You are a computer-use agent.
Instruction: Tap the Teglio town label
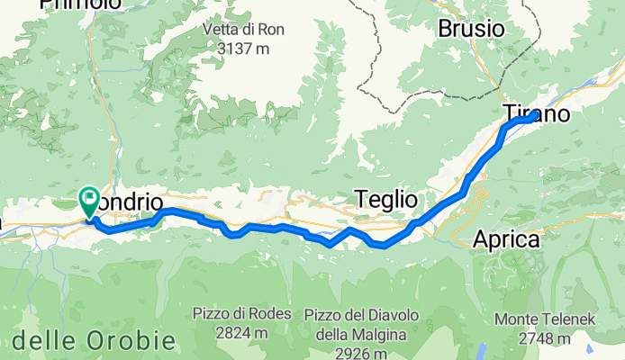coord(386,199)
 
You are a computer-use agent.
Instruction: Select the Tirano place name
coord(536,113)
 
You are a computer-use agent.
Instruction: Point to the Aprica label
coord(506,240)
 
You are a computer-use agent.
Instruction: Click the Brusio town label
coord(471,28)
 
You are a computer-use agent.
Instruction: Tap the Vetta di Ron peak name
coord(243,30)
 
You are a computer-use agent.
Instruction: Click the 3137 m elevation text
coord(243,49)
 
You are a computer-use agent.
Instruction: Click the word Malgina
coord(385,333)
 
